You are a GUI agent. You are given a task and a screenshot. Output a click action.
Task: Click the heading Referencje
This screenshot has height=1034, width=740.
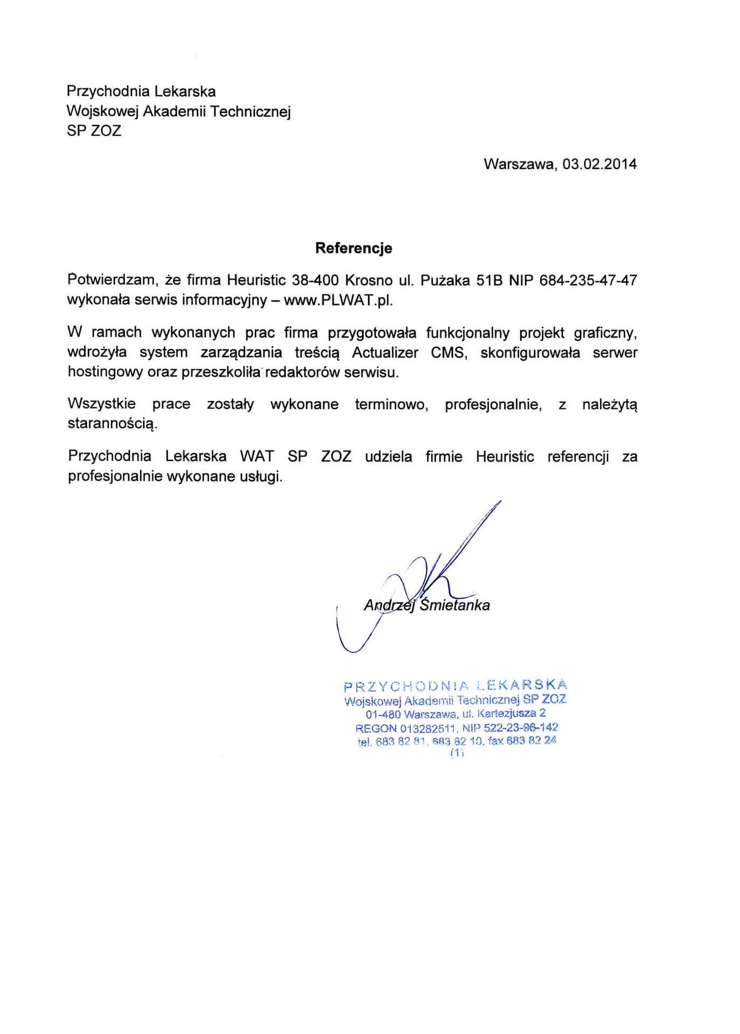pyautogui.click(x=353, y=248)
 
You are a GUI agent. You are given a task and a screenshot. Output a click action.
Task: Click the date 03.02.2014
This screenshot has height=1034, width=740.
pyautogui.click(x=599, y=164)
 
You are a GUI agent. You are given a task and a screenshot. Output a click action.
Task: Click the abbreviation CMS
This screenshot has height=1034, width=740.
pyautogui.click(x=448, y=353)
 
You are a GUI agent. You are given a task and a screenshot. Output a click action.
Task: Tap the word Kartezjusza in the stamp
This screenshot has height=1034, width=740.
pyautogui.click(x=504, y=714)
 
